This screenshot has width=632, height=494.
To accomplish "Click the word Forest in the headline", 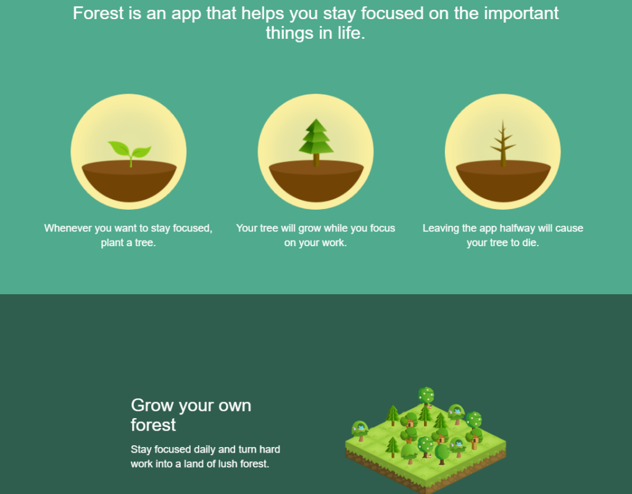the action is tap(98, 14).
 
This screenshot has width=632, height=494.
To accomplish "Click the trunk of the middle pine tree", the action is tap(316, 160).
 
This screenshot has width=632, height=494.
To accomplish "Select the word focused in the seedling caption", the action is tap(193, 228).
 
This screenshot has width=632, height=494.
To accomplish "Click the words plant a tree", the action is tap(128, 243).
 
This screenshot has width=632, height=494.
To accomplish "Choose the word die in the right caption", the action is tap(530, 243).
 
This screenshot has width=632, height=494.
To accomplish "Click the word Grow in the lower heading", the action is tap(153, 405).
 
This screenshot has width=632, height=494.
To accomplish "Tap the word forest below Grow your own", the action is tap(153, 425).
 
